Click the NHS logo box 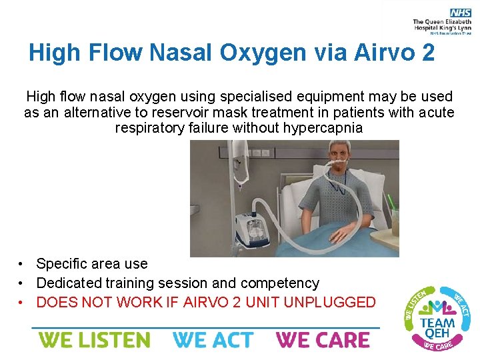[x=460, y=13]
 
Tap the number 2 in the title [x=428, y=52]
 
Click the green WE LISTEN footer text [x=94, y=340]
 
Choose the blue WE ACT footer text [x=213, y=340]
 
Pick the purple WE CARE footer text [x=323, y=340]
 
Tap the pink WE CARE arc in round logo [x=437, y=345]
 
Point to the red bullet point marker [x=22, y=303]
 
